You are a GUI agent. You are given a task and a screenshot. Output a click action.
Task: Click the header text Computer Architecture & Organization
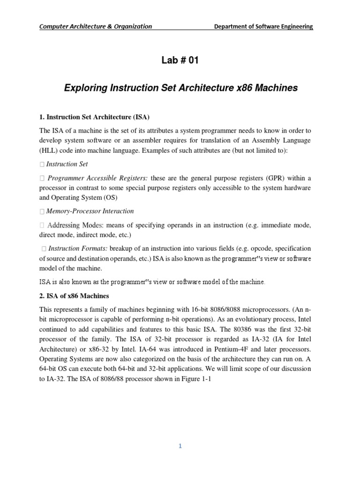click(x=95, y=26)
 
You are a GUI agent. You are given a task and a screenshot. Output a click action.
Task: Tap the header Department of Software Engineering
click(x=263, y=26)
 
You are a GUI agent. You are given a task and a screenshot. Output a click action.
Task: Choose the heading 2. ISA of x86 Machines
click(x=74, y=296)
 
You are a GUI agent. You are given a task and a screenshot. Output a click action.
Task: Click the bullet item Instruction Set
click(x=67, y=164)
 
